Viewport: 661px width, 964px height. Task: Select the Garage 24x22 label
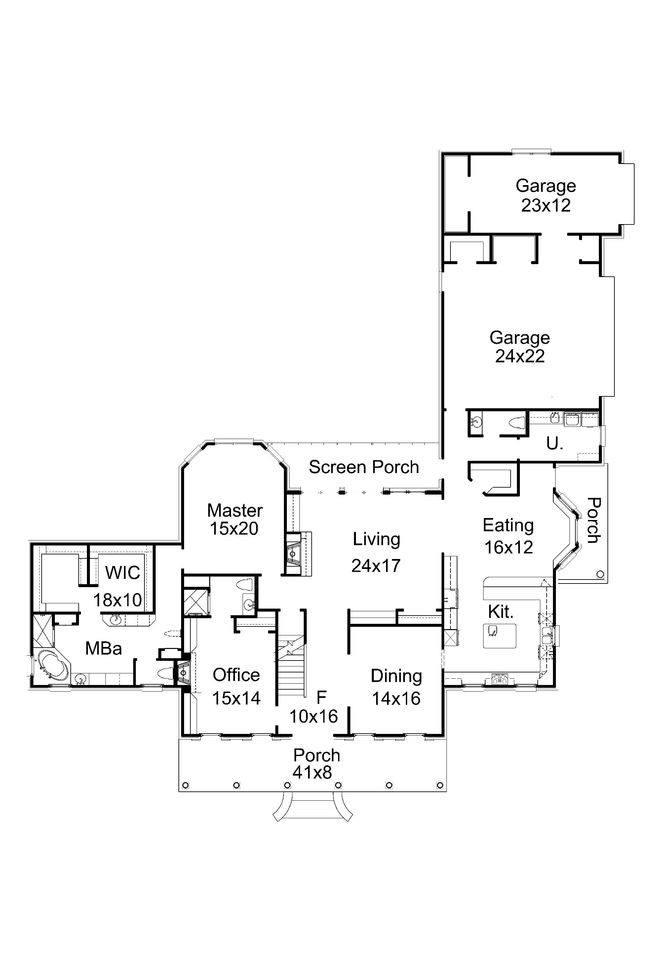coord(520,347)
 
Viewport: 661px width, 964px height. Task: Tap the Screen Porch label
coord(364,467)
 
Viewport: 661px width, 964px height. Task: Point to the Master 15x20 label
coord(234,519)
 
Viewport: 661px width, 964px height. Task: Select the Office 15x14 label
coord(236,687)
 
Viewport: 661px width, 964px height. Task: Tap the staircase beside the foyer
coord(292,668)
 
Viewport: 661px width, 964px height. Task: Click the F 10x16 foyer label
coord(314,707)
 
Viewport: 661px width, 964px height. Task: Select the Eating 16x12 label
coord(508,536)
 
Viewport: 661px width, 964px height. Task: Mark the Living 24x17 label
coord(376,552)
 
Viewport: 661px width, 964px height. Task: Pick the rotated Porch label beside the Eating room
coord(594,521)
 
